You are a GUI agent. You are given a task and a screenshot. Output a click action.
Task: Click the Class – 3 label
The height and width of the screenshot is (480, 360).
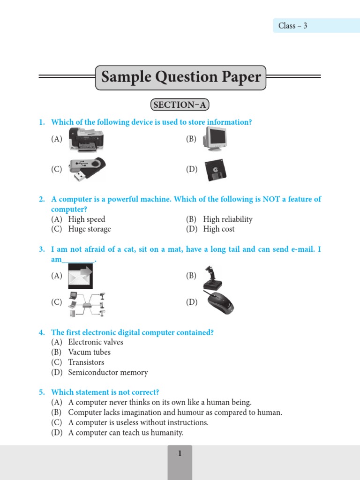[293, 26]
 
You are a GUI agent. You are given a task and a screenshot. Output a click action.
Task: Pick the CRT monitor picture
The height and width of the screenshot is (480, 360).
[215, 139]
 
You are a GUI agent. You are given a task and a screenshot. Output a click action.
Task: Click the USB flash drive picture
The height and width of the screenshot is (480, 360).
[87, 169]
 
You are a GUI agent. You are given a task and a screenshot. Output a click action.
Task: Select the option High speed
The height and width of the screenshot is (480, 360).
[87, 219]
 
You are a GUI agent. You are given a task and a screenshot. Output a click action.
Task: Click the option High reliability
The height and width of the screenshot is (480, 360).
[228, 219]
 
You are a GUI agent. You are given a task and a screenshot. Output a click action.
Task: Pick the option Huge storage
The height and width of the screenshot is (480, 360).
[90, 229]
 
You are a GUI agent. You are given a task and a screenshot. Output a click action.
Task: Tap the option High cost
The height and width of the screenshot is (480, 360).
[219, 229]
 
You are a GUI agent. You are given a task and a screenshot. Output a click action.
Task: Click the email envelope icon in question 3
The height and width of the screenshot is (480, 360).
[80, 276]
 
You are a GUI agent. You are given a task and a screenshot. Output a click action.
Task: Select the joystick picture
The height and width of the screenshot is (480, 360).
[211, 278]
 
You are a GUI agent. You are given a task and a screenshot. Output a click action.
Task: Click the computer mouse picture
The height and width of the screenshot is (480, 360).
[219, 302]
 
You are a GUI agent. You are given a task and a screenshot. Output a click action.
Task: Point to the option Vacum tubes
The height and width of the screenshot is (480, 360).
[90, 352]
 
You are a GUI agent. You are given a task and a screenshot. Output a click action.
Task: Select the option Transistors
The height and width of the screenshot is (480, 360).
[86, 362]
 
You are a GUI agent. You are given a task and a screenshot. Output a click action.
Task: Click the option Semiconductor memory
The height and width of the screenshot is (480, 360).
[108, 373]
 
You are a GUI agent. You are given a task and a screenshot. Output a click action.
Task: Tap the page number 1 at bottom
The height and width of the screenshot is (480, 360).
[180, 453]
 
